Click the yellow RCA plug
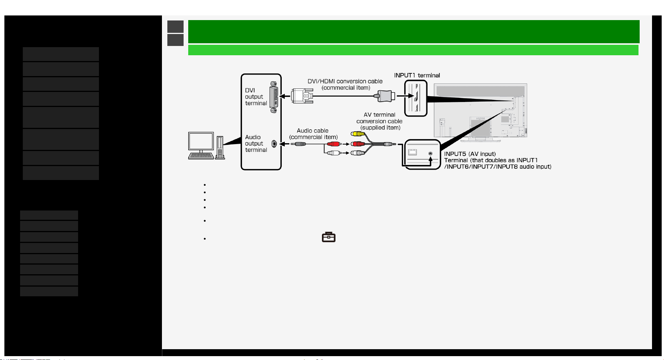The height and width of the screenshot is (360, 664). tap(358, 134)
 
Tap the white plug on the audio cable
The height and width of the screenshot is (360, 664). tap(334, 153)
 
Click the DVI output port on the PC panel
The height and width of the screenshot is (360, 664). tap(274, 97)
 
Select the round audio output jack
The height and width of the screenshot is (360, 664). tap(274, 144)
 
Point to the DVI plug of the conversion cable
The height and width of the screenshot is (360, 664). tap(302, 96)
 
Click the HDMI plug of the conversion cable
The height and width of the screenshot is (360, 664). tap(386, 96)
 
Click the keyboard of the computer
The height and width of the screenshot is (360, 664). tap(201, 156)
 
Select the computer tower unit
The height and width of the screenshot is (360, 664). tap(220, 148)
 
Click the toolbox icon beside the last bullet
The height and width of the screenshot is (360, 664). tap(329, 237)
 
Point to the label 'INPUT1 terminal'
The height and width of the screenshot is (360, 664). tap(417, 75)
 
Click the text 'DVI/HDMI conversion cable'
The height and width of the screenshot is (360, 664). tap(345, 81)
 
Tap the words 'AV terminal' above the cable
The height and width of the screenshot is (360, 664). tap(380, 115)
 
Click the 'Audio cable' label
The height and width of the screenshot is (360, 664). tap(313, 131)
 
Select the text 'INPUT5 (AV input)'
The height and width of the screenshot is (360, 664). tap(470, 154)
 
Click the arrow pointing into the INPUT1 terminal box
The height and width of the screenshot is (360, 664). tap(405, 96)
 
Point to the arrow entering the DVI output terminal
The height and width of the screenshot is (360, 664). tap(285, 96)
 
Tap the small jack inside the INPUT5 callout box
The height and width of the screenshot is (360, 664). tap(431, 153)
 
